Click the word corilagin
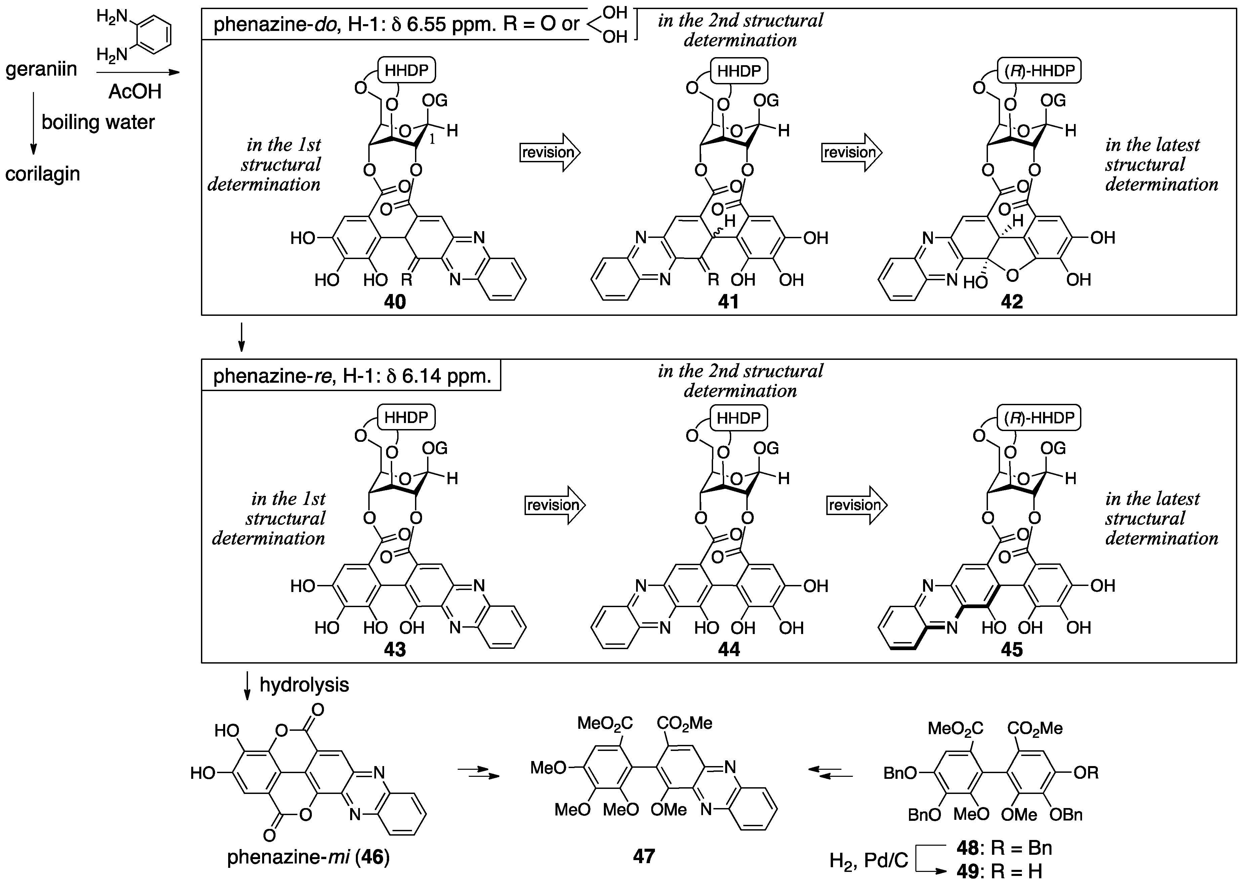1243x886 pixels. click(x=43, y=174)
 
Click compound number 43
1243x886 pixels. click(x=395, y=649)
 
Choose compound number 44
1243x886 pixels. click(x=729, y=649)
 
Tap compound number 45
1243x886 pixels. click(x=1012, y=649)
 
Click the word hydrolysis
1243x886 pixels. click(x=304, y=685)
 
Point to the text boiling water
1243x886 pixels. click(x=98, y=122)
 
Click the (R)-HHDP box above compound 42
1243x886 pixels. click(x=1039, y=71)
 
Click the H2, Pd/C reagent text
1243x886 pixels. click(x=869, y=861)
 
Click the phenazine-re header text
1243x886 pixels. click(x=352, y=376)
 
